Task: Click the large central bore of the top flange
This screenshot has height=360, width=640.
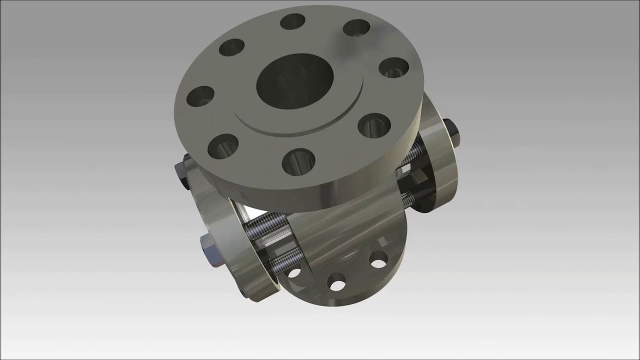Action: click(x=295, y=82)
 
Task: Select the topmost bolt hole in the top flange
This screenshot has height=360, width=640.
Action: click(x=293, y=21)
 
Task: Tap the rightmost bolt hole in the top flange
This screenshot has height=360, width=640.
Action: click(x=394, y=67)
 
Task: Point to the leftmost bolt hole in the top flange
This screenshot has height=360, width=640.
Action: click(x=200, y=96)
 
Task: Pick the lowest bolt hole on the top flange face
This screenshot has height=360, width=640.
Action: click(x=298, y=161)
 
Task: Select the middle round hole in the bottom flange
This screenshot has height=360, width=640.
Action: click(x=337, y=281)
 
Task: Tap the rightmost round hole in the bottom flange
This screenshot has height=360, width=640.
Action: click(x=378, y=258)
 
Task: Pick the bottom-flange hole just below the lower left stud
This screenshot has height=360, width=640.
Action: click(x=294, y=274)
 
